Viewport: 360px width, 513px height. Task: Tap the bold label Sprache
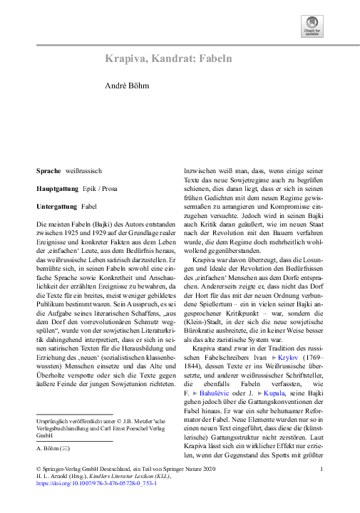(x=49, y=172)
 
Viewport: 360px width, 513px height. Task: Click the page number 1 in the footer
(x=322, y=468)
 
